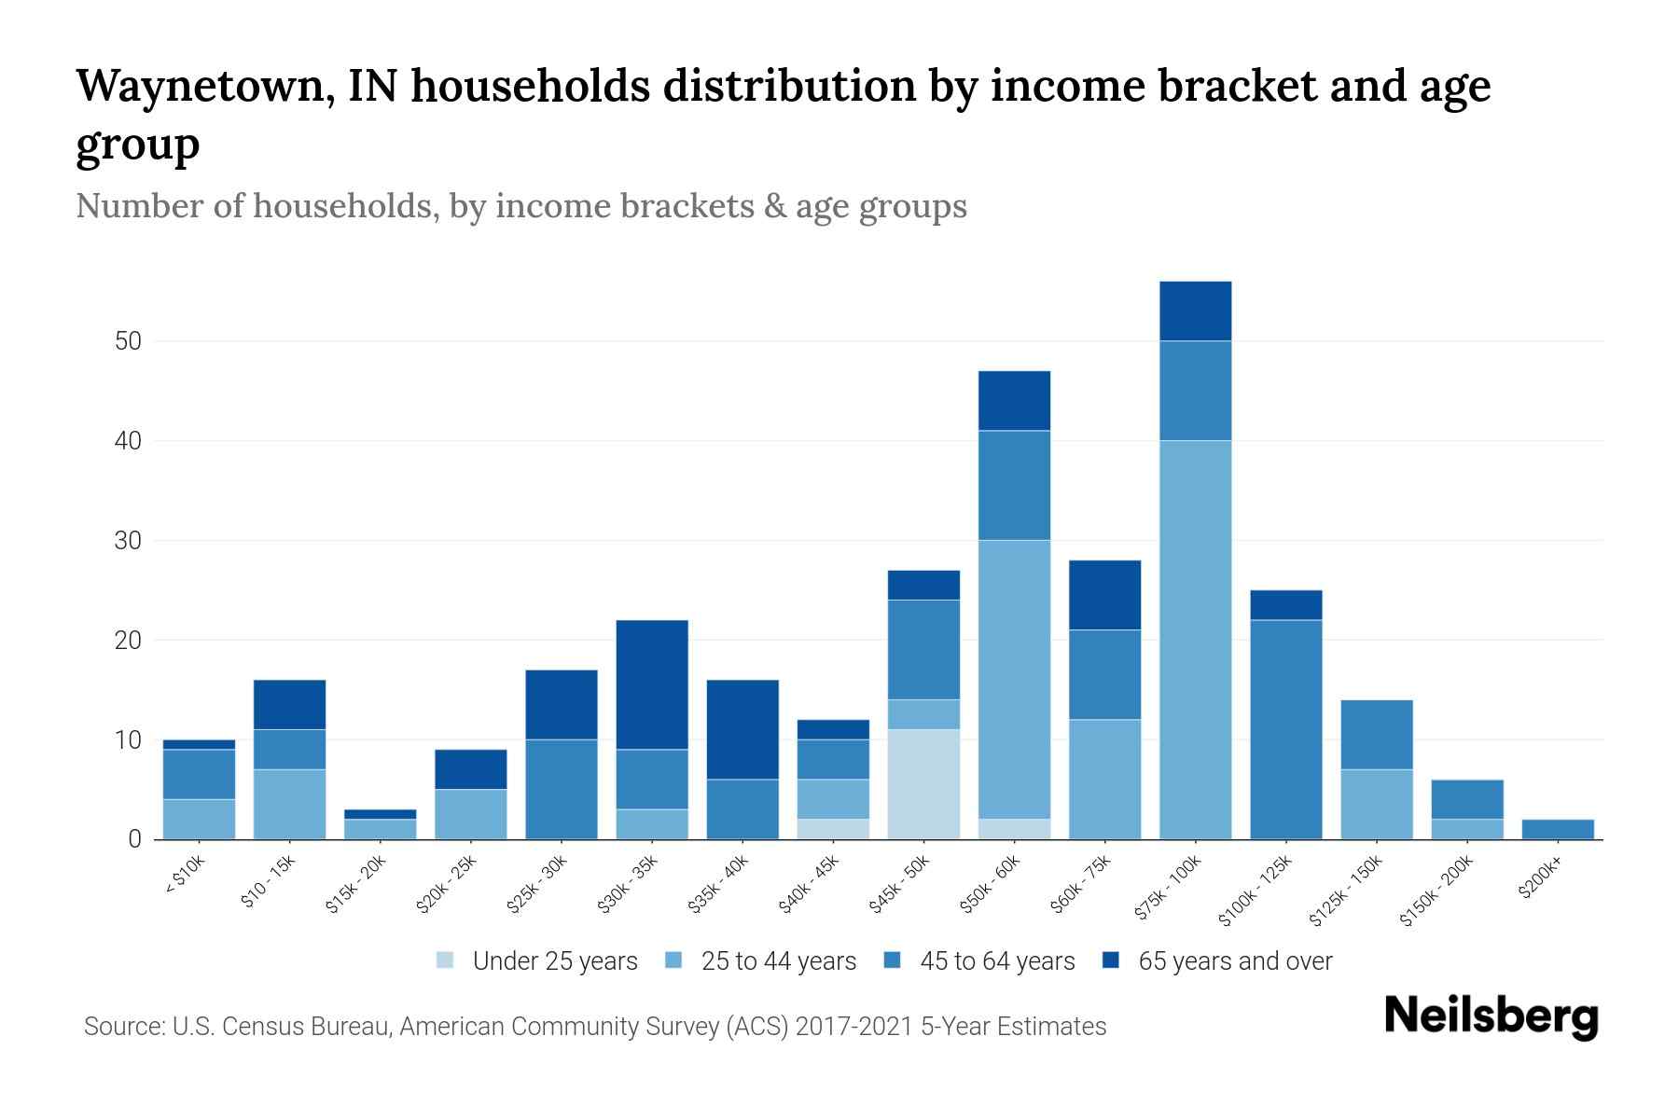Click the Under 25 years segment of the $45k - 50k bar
coord(923,783)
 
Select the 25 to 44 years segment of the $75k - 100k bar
coord(1195,639)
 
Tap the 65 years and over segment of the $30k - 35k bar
coord(652,684)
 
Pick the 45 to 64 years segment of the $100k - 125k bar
coord(1285,729)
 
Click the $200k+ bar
coord(1557,829)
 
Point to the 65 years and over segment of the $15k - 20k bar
coord(380,814)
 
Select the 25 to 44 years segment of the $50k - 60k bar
coord(1014,679)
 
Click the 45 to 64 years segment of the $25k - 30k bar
coord(561,789)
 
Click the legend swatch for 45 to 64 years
coord(893,960)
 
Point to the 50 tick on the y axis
coord(128,341)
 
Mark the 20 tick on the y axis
coord(128,641)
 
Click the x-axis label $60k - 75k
coord(1082,885)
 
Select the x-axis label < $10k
coord(184,877)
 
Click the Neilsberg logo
coord(1491,1016)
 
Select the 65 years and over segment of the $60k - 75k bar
coord(1104,595)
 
